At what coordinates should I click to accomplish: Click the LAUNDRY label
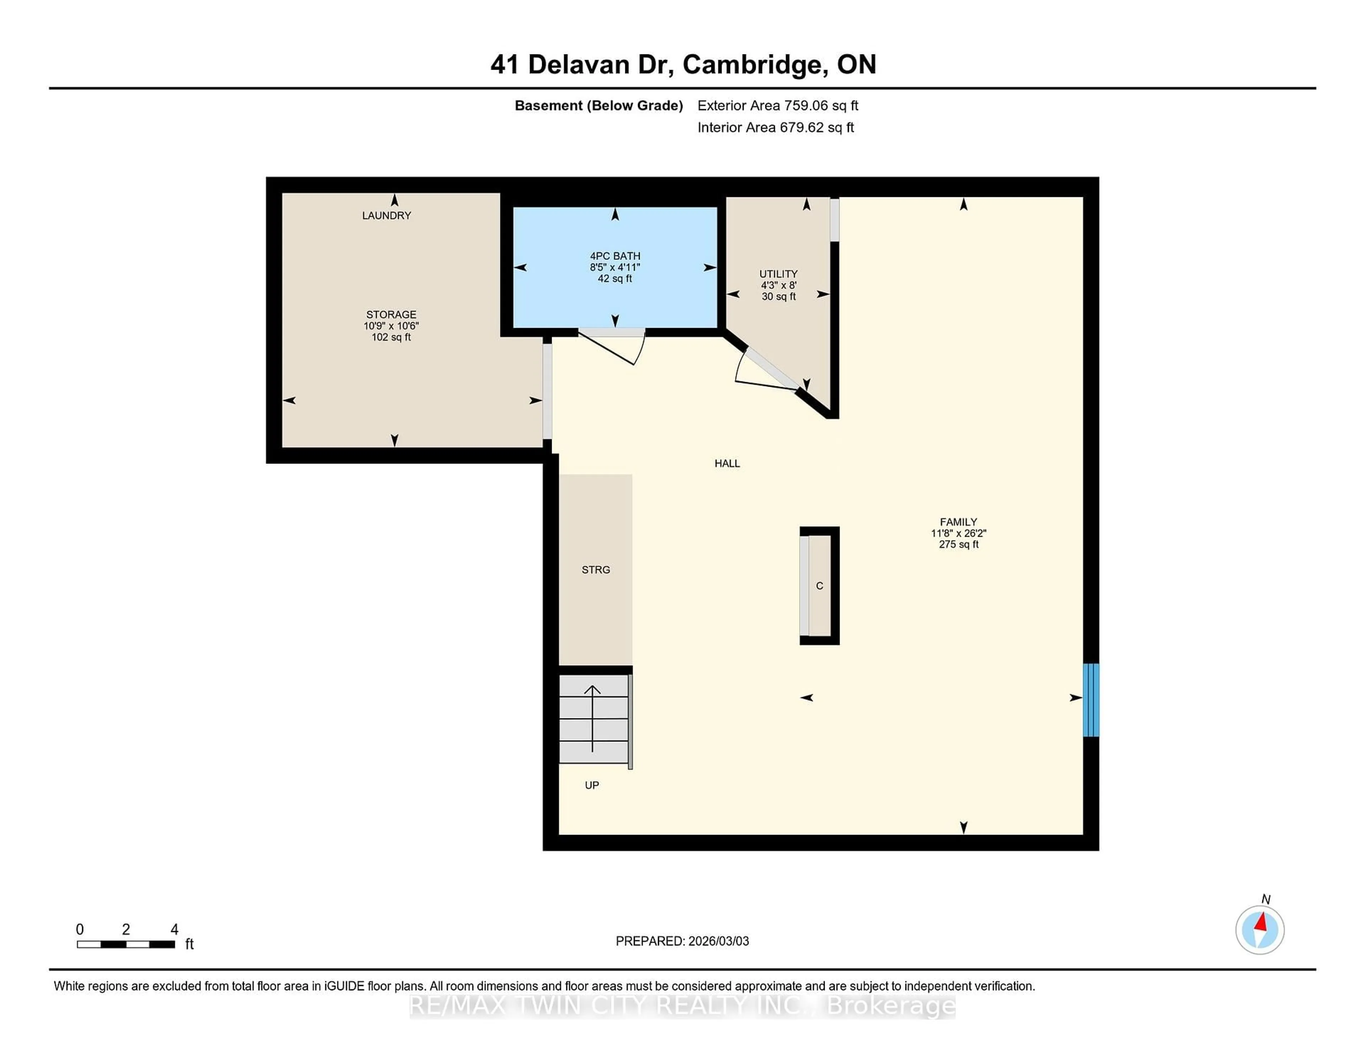pyautogui.click(x=386, y=216)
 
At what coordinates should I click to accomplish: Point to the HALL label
pyautogui.click(x=727, y=463)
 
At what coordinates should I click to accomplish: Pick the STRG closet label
pyautogui.click(x=596, y=569)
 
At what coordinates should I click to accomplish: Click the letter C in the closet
pyautogui.click(x=819, y=586)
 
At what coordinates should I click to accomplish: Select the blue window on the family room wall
pyautogui.click(x=1091, y=700)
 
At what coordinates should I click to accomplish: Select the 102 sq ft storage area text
pyautogui.click(x=391, y=337)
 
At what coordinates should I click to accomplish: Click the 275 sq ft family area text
pyautogui.click(x=958, y=544)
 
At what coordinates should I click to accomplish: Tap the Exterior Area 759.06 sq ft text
pyautogui.click(x=777, y=106)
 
